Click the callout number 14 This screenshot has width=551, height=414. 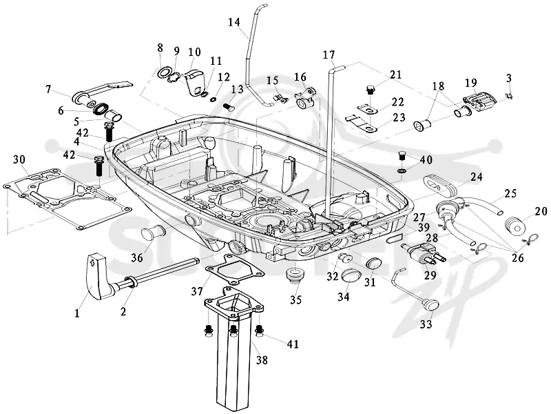234,22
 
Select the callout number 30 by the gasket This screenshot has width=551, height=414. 19,159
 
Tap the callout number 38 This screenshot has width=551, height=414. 262,359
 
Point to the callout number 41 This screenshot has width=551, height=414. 293,344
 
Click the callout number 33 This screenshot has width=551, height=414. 426,324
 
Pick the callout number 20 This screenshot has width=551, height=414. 541,211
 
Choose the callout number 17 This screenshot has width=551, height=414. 329,55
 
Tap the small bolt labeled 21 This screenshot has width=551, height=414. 369,90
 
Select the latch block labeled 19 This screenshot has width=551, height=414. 478,100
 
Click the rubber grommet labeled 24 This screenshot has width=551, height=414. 439,186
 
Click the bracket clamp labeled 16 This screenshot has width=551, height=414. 304,99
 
